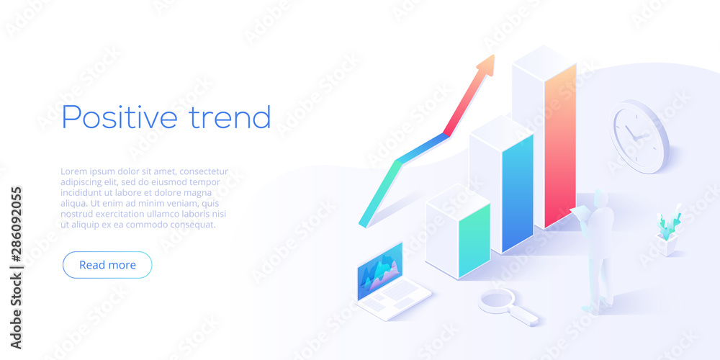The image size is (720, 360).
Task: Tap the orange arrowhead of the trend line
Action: (487, 64)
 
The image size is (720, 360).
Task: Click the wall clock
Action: (639, 136)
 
